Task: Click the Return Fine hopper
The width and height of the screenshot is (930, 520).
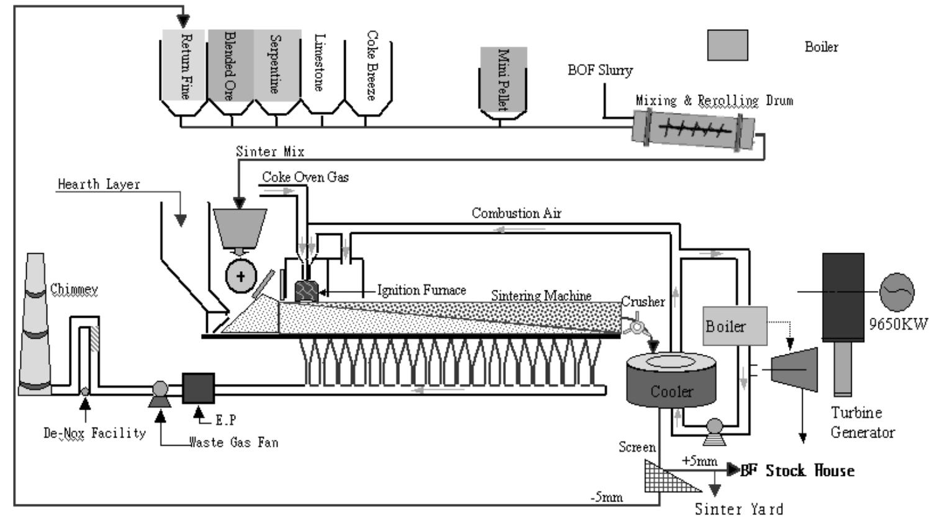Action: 184,68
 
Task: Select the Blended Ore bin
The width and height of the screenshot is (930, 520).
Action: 230,68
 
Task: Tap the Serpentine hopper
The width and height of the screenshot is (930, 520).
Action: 277,68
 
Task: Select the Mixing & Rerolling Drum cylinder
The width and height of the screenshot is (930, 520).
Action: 693,129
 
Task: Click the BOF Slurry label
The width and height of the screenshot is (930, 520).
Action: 600,70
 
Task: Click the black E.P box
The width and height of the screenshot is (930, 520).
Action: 198,388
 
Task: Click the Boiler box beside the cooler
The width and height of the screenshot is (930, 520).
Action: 735,326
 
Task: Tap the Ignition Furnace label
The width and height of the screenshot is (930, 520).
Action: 422,290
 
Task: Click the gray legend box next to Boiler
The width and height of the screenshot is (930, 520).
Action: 727,45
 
